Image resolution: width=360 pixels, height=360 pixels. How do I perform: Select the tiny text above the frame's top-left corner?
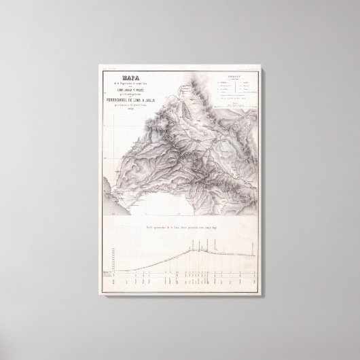[109, 69]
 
